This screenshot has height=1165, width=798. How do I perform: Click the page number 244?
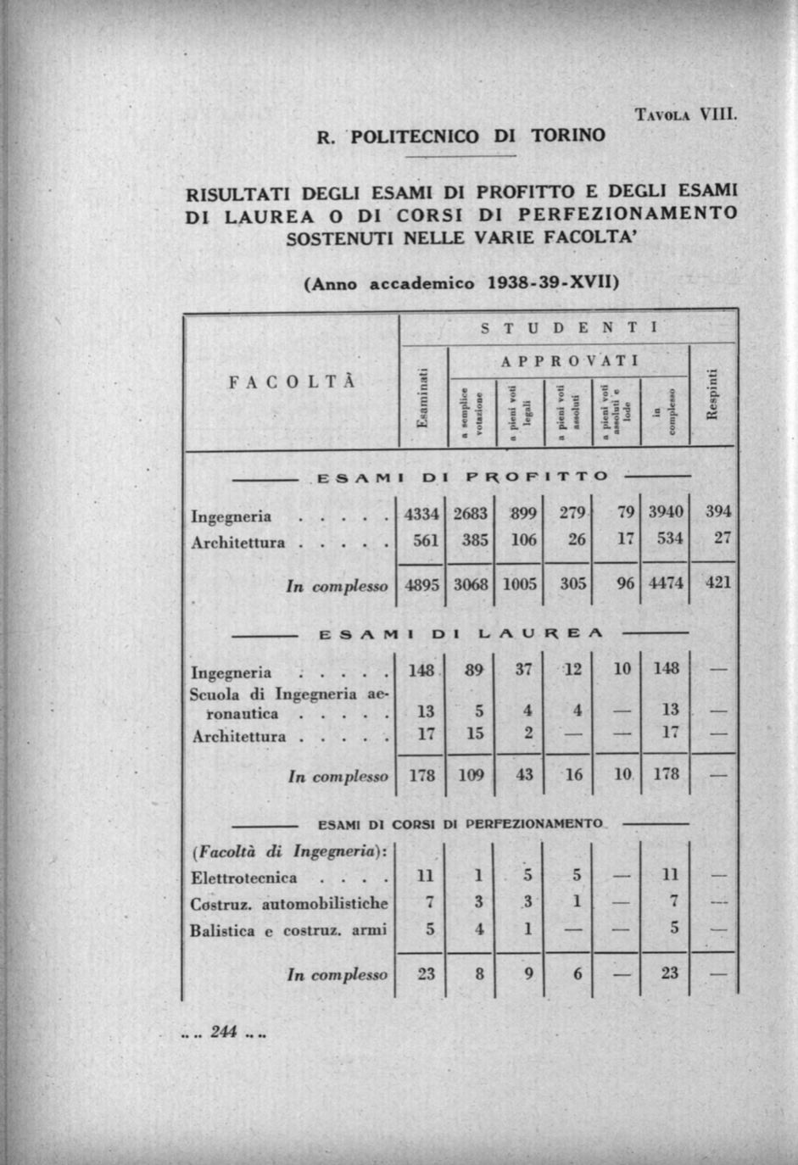coord(224,1032)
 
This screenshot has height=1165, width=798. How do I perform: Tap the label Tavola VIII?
coord(686,114)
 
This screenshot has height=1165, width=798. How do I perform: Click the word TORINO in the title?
coord(568,136)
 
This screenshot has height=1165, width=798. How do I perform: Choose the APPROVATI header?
coord(569,361)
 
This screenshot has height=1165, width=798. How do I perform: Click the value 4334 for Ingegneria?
coord(421,514)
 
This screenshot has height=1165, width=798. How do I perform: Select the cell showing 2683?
coord(470,514)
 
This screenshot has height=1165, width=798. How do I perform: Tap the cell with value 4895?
coord(421,583)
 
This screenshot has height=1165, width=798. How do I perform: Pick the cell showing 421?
coord(717,582)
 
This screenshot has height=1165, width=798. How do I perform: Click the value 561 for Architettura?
coord(425,540)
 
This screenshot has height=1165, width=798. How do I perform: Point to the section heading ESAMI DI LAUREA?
coord(460,633)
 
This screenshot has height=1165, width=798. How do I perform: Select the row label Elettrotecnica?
coord(244,878)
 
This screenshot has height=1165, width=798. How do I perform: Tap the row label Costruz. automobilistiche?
coord(289,904)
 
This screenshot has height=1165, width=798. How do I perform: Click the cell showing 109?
coord(471,774)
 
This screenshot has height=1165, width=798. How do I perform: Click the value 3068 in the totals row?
coord(470,583)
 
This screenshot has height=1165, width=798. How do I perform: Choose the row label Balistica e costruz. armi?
coord(288,930)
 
